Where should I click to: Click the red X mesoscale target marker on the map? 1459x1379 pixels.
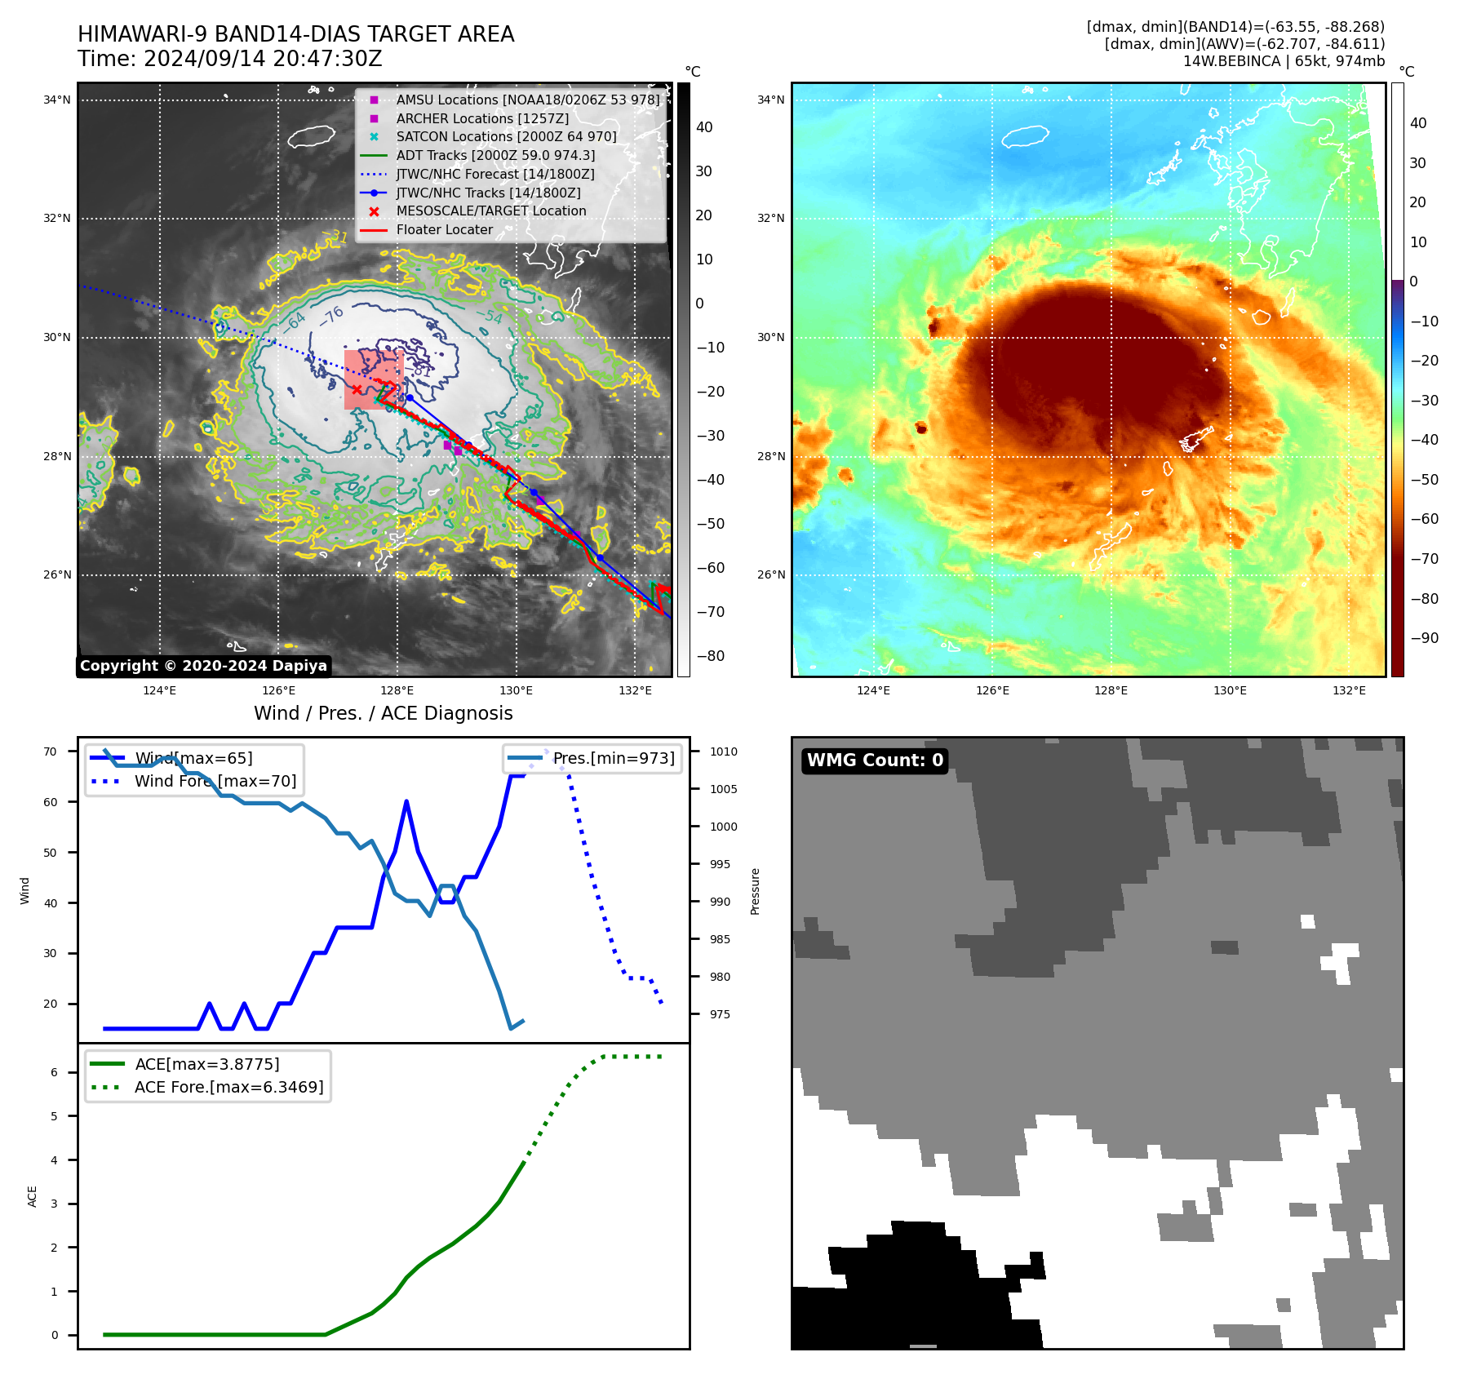click(x=357, y=390)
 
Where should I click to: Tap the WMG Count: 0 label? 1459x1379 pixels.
click(x=875, y=760)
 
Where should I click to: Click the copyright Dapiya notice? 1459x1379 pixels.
click(x=203, y=666)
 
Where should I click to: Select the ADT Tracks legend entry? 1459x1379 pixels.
click(x=495, y=155)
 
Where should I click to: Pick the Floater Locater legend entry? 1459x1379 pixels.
click(x=444, y=230)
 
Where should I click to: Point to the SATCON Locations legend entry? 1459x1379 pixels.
click(x=506, y=137)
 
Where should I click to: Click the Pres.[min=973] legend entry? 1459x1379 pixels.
click(x=613, y=759)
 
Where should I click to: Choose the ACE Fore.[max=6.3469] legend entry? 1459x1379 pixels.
click(x=228, y=1087)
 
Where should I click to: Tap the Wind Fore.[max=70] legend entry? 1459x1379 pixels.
click(x=215, y=782)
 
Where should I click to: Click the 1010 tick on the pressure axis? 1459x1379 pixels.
click(x=723, y=752)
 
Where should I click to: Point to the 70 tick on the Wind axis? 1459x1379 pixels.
click(x=51, y=752)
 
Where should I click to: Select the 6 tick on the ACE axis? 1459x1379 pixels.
click(x=55, y=1072)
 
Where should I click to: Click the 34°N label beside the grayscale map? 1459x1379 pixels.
click(x=57, y=100)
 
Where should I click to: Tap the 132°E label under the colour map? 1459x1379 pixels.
click(x=1349, y=690)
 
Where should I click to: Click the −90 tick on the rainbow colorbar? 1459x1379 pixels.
click(x=1424, y=638)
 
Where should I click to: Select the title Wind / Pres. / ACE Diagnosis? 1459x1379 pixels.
click(x=384, y=713)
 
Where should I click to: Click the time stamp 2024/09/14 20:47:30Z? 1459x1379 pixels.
click(x=263, y=60)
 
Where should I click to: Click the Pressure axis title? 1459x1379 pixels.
click(x=756, y=891)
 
